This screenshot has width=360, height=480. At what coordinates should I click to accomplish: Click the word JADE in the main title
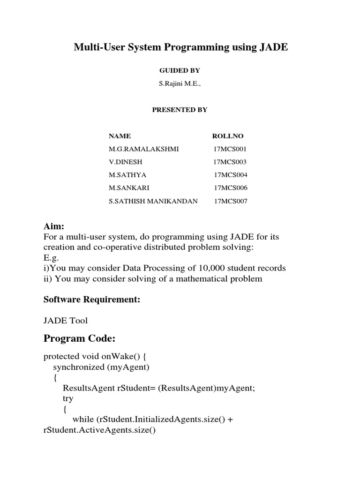pos(271,47)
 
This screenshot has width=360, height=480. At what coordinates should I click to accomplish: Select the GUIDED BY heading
pos(180,70)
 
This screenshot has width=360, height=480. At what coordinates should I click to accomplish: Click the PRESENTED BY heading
pos(180,110)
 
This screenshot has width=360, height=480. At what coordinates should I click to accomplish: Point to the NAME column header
pos(120,136)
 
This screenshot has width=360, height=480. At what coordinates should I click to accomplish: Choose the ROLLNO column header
pos(228,136)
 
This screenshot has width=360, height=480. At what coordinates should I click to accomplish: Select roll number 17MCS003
pos(230,162)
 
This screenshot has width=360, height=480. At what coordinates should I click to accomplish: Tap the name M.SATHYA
pos(127,175)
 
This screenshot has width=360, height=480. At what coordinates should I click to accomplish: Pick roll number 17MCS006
pos(230,188)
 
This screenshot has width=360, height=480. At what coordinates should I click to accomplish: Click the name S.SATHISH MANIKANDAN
pos(153,202)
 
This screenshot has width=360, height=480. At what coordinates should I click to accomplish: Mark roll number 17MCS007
pos(230,202)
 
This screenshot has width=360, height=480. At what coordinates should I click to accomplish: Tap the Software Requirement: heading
pos(92,300)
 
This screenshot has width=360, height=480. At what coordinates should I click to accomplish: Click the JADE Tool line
pos(66,321)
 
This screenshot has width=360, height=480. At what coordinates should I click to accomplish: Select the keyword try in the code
pos(68,398)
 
